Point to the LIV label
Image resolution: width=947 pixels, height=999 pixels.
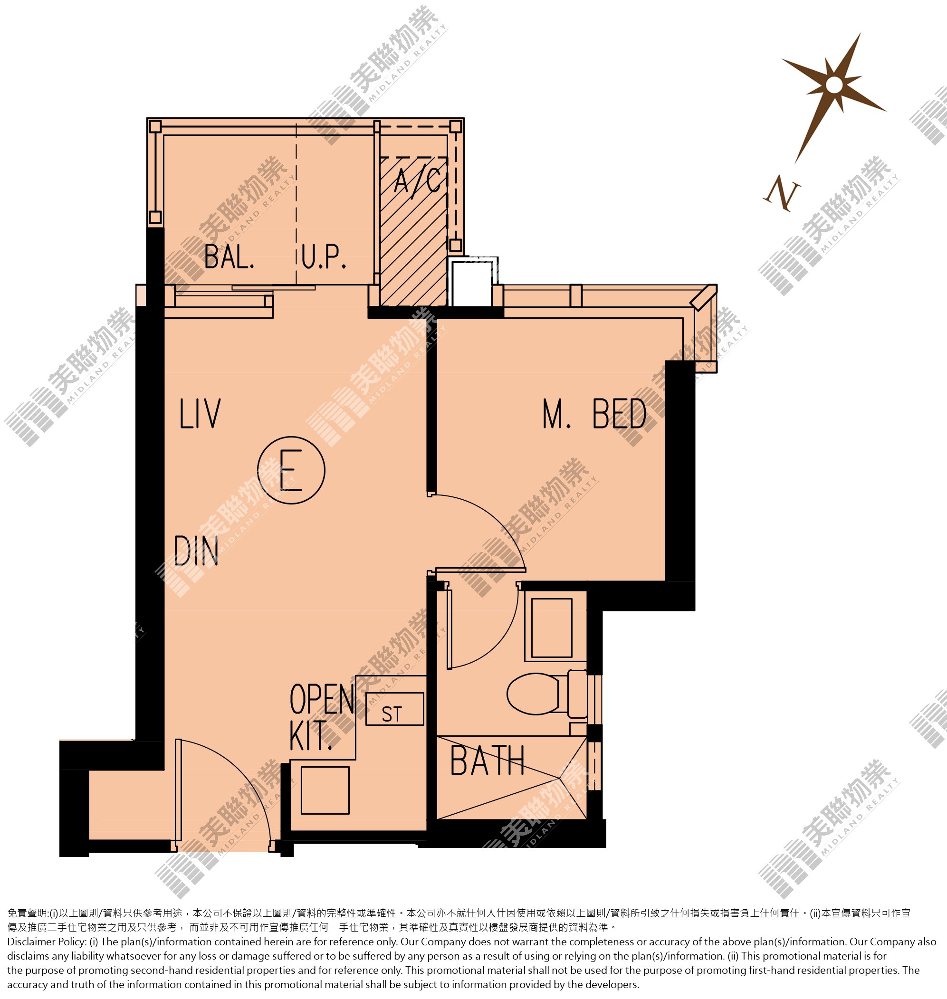click(x=200, y=414)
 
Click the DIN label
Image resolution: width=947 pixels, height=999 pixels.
click(x=196, y=551)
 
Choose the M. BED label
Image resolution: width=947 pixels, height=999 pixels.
click(x=594, y=414)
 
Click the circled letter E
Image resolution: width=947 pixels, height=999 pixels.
click(x=291, y=470)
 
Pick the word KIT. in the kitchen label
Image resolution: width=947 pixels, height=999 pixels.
click(x=310, y=736)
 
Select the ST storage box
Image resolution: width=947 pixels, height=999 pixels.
click(x=394, y=709)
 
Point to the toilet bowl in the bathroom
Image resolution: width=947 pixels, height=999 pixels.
click(x=546, y=694)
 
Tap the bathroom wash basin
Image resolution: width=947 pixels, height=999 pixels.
click(x=552, y=628)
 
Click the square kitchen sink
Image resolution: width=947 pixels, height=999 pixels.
click(x=325, y=790)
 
